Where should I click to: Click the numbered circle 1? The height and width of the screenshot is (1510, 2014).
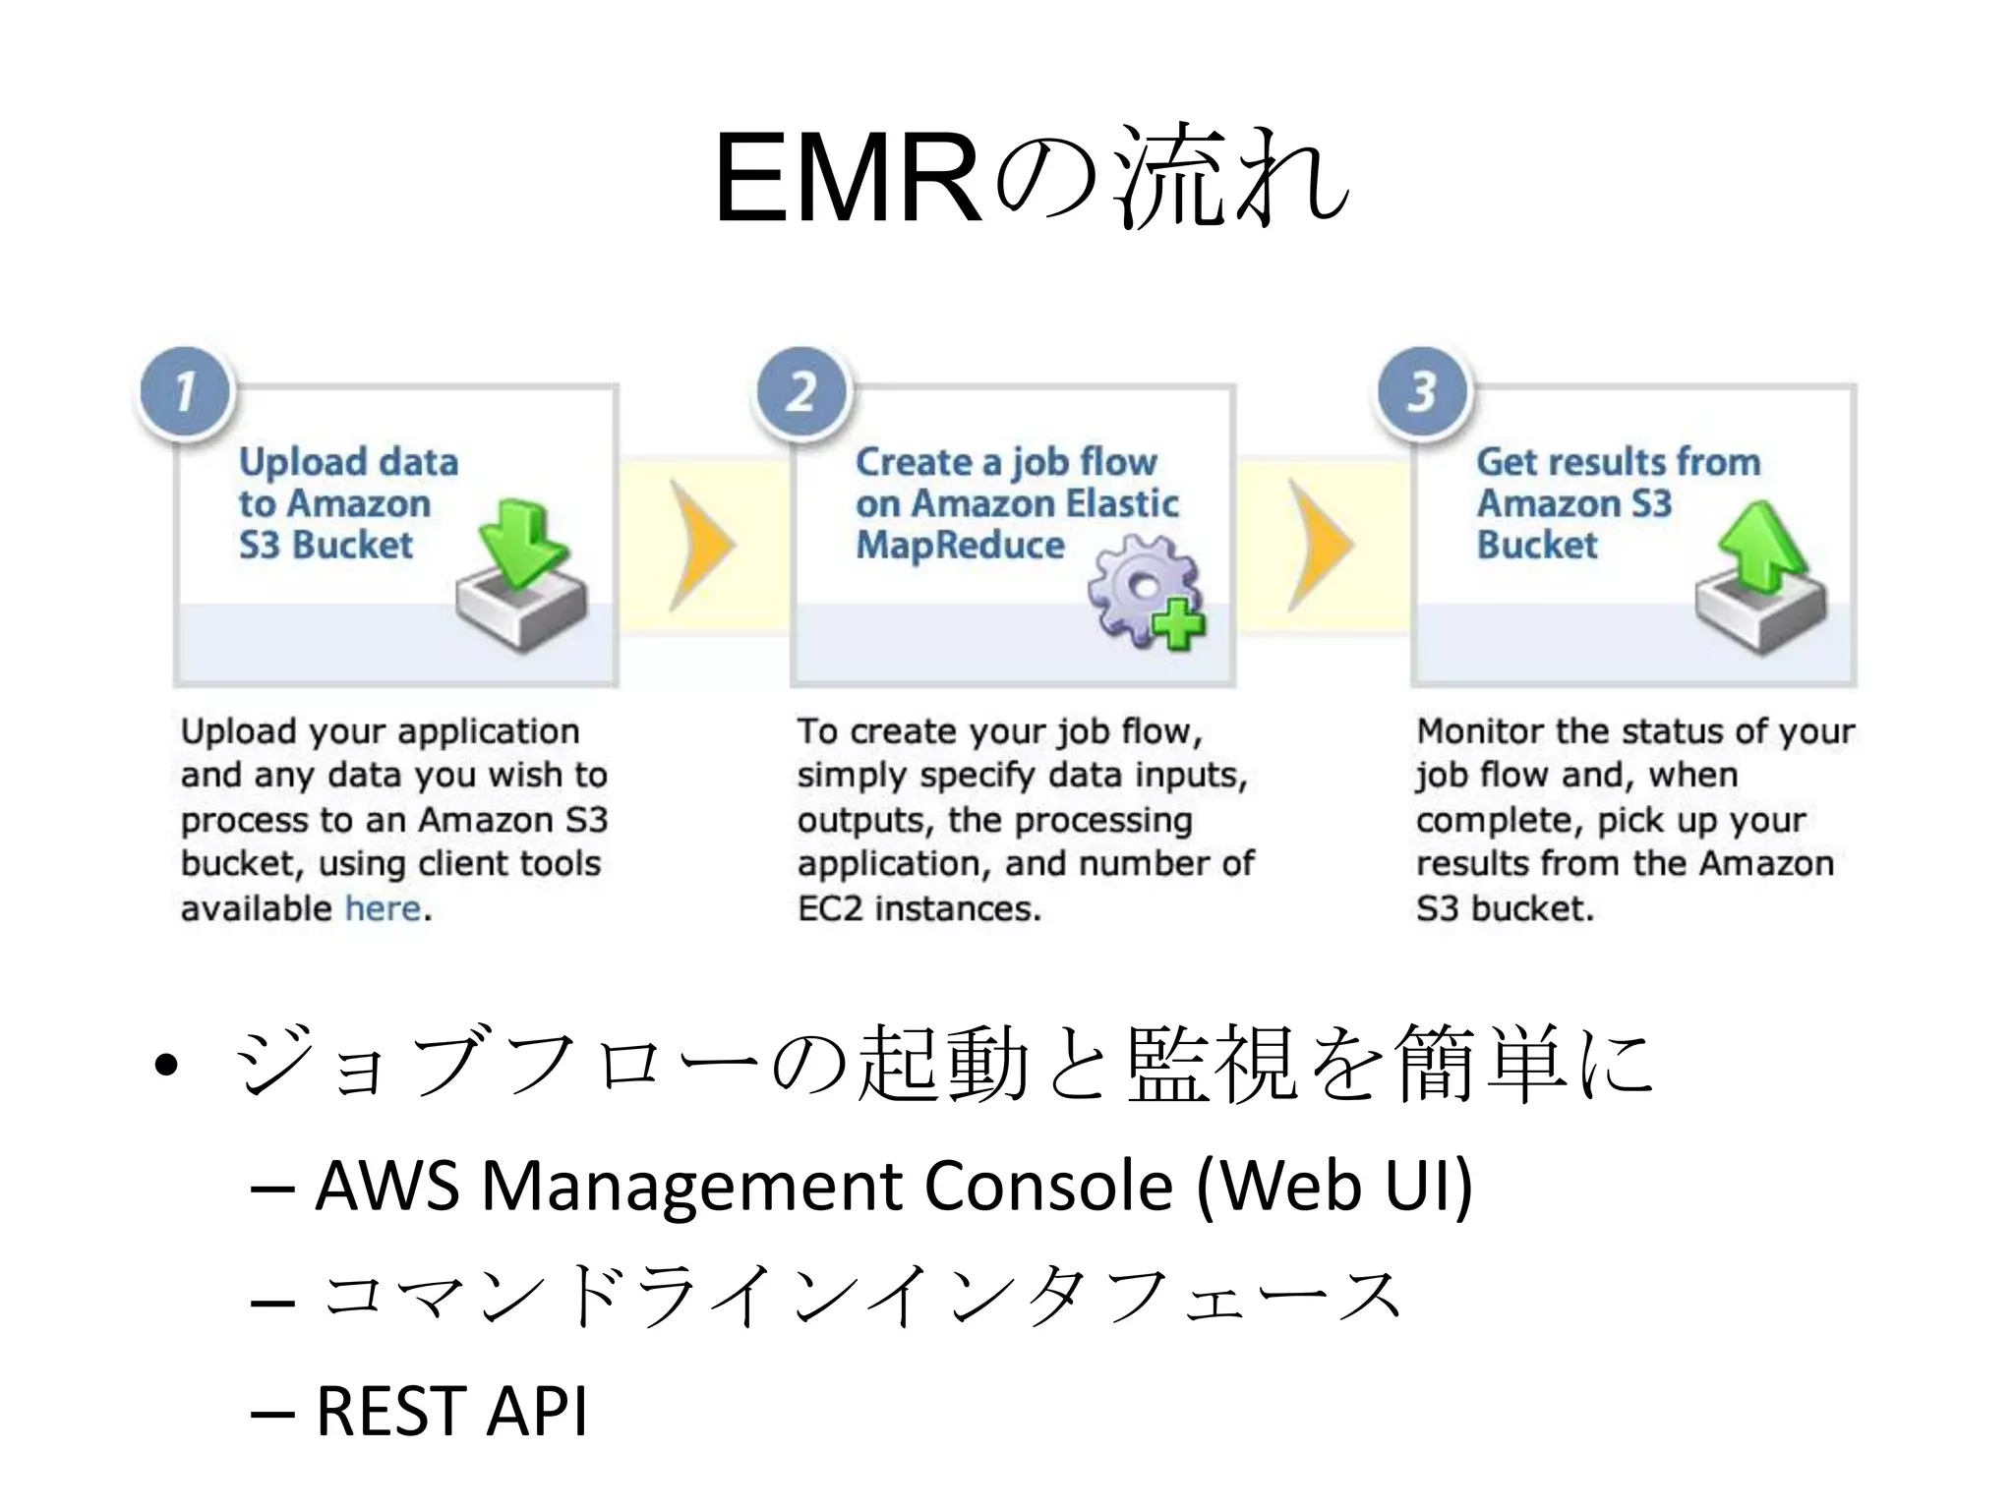point(185,391)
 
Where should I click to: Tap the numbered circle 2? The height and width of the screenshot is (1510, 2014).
point(801,391)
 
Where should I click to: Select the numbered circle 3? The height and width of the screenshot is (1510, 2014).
point(1422,391)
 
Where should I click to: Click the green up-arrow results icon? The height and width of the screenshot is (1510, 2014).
point(1760,577)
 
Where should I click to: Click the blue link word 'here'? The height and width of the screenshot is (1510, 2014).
point(383,908)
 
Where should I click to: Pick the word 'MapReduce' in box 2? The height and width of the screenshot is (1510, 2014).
point(960,546)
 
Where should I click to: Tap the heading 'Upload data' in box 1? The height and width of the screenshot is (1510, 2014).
point(348,462)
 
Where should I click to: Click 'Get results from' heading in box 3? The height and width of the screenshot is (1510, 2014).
point(1618,462)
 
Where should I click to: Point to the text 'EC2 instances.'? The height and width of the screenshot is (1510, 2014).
point(918,908)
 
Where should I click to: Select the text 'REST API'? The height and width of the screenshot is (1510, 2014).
point(451,1412)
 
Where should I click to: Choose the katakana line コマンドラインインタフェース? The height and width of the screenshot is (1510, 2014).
point(860,1298)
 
